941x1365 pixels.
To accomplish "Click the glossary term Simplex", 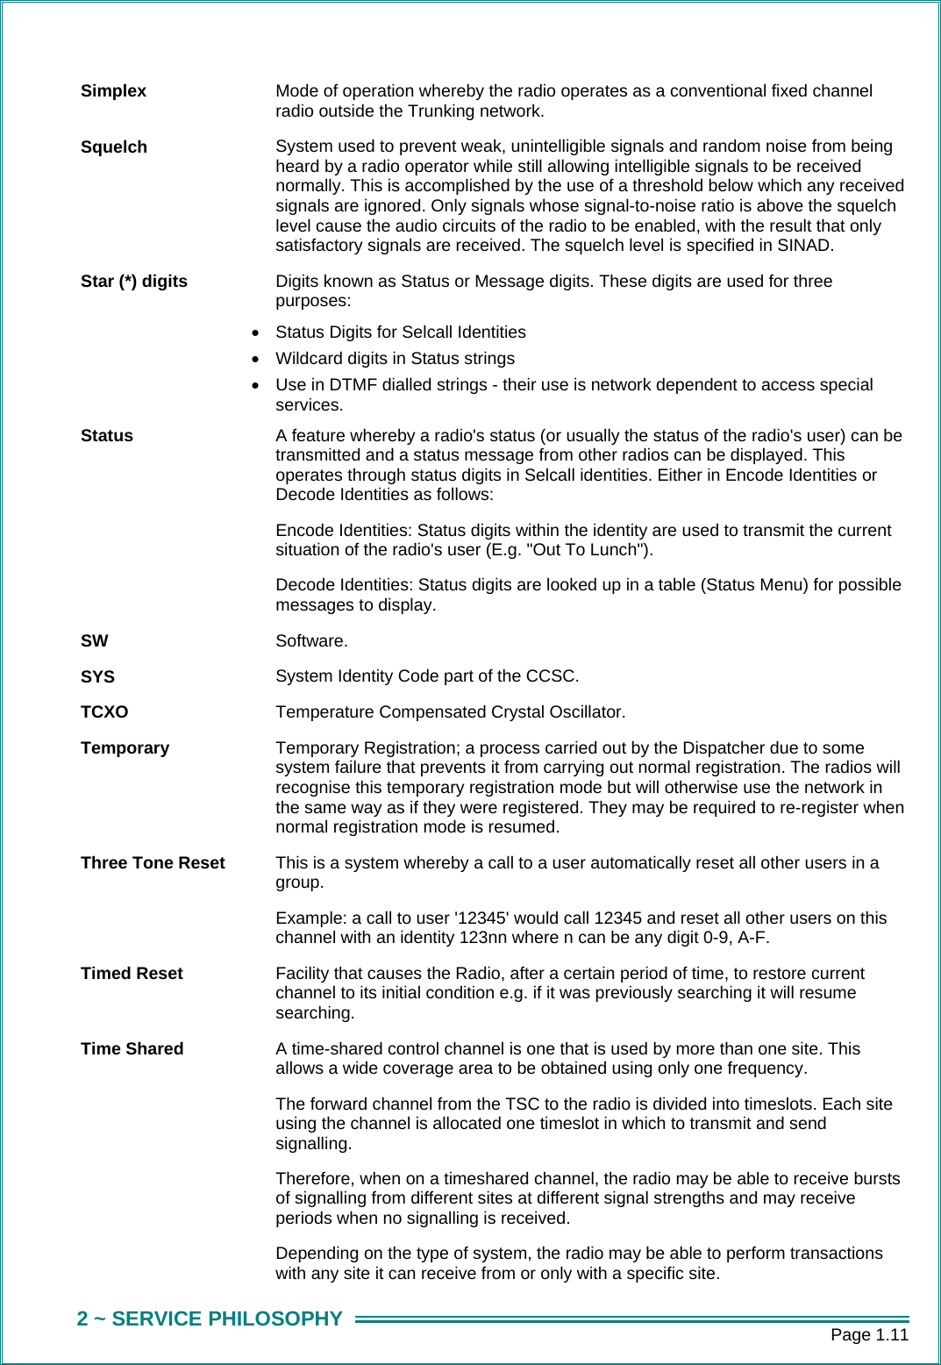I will point(113,91).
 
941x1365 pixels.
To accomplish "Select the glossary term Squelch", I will point(114,147).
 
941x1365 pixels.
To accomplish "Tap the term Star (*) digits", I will point(134,282).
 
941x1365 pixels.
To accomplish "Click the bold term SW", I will point(94,641).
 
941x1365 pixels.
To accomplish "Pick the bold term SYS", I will point(97,677).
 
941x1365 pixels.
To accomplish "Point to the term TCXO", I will point(104,712).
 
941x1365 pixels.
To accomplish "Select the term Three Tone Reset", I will point(153,863).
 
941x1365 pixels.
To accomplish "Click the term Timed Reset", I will point(132,974).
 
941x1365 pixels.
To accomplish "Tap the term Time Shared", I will point(132,1049).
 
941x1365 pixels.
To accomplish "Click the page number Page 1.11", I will point(869,1335).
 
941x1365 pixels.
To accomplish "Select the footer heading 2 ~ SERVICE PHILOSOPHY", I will point(210,1319).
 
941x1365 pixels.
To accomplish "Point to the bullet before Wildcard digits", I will point(255,360).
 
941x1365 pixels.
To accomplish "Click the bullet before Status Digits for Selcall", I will point(255,333).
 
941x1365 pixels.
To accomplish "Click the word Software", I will point(311,641).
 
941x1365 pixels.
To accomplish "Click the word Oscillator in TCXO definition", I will point(587,712).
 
